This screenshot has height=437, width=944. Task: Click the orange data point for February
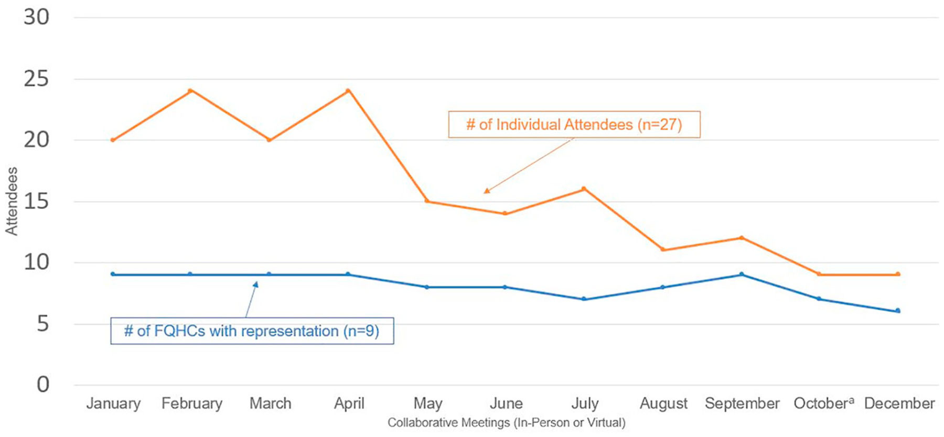[191, 91]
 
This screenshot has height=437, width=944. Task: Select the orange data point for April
[348, 91]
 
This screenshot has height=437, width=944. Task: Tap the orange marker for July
[584, 189]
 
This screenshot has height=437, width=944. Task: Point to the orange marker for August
[663, 249]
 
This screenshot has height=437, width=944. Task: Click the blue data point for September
[742, 274]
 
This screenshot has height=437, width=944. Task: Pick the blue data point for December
[898, 311]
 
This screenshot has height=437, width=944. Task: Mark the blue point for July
[584, 299]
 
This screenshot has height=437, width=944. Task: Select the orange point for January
[113, 140]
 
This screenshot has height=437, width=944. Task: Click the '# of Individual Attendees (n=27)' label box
[574, 125]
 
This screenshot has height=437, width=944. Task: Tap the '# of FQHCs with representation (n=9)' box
[252, 331]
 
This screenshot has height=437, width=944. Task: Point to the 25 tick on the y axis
[36, 79]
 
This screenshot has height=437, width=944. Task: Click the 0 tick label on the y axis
[43, 385]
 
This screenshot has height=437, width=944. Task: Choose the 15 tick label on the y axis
[36, 202]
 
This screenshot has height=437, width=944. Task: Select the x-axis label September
[742, 403]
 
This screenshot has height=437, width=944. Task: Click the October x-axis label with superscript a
[823, 403]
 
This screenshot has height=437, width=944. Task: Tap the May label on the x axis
[427, 403]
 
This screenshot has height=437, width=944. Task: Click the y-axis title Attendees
[12, 201]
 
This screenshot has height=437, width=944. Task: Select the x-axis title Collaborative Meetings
[506, 423]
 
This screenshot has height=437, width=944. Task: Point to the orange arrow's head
[485, 193]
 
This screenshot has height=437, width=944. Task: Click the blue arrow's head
[256, 283]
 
